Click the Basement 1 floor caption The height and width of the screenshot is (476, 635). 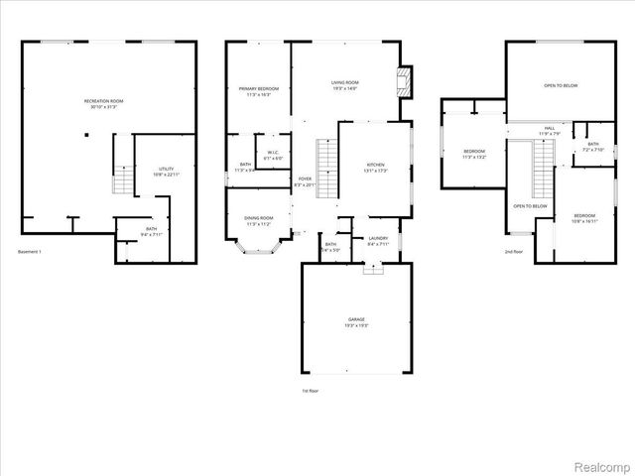click(33, 252)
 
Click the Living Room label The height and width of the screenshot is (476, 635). click(344, 84)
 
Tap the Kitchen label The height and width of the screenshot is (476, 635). click(376, 167)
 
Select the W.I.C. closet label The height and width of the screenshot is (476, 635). click(274, 156)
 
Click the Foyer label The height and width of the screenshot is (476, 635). click(305, 181)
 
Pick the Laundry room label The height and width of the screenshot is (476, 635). click(378, 240)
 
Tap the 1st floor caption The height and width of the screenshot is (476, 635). click(311, 391)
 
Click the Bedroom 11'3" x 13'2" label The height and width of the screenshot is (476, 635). click(473, 154)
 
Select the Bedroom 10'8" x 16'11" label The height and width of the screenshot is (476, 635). click(582, 218)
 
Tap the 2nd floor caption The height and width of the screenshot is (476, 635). click(512, 252)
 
